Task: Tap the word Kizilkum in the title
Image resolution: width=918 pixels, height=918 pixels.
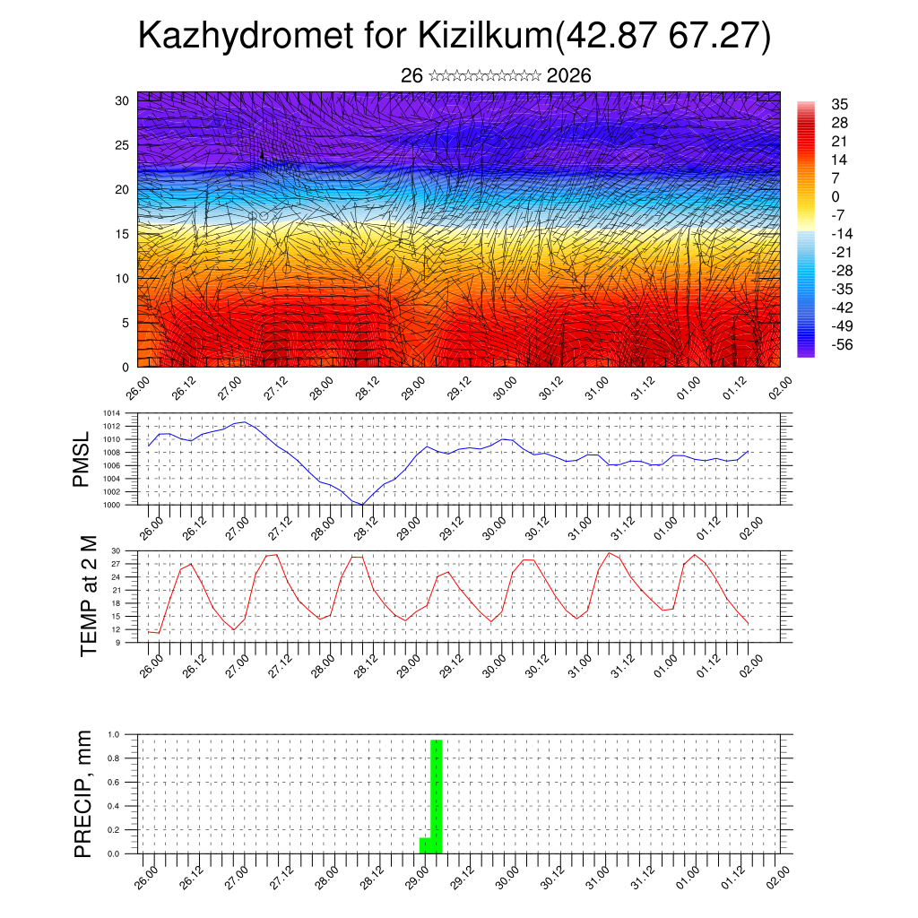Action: tap(485, 38)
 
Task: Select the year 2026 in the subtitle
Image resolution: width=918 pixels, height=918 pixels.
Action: tap(568, 76)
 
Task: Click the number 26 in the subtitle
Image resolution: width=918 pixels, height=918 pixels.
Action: tap(411, 76)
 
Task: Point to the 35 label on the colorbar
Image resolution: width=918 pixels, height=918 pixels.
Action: tap(840, 104)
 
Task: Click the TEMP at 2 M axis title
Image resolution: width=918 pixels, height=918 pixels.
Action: tap(88, 595)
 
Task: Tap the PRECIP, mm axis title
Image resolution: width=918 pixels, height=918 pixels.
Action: tap(83, 793)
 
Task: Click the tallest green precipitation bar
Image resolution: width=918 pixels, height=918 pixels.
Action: tap(436, 796)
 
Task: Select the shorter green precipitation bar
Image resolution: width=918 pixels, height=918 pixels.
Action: tap(425, 845)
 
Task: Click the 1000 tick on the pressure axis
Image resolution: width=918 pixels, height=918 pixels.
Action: tap(112, 505)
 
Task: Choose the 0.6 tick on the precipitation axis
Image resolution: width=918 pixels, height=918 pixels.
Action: tap(114, 782)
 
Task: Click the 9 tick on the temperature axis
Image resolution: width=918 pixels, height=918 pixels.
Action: tap(117, 642)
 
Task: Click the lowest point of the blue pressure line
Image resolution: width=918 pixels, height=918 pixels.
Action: tap(361, 505)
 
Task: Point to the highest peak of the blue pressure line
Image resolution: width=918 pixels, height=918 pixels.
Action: tap(245, 421)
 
